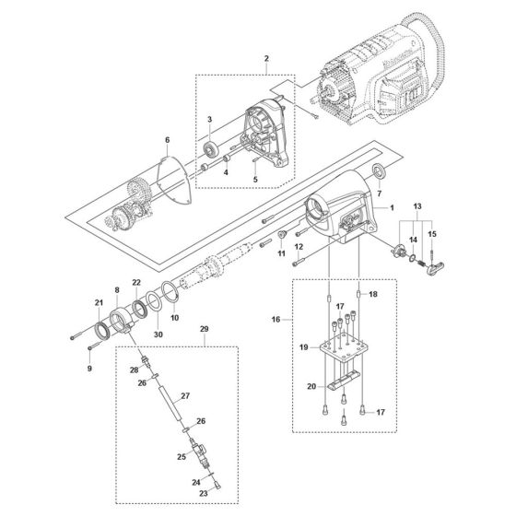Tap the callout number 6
(x=167, y=140)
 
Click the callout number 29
(x=204, y=328)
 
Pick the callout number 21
(x=99, y=302)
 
